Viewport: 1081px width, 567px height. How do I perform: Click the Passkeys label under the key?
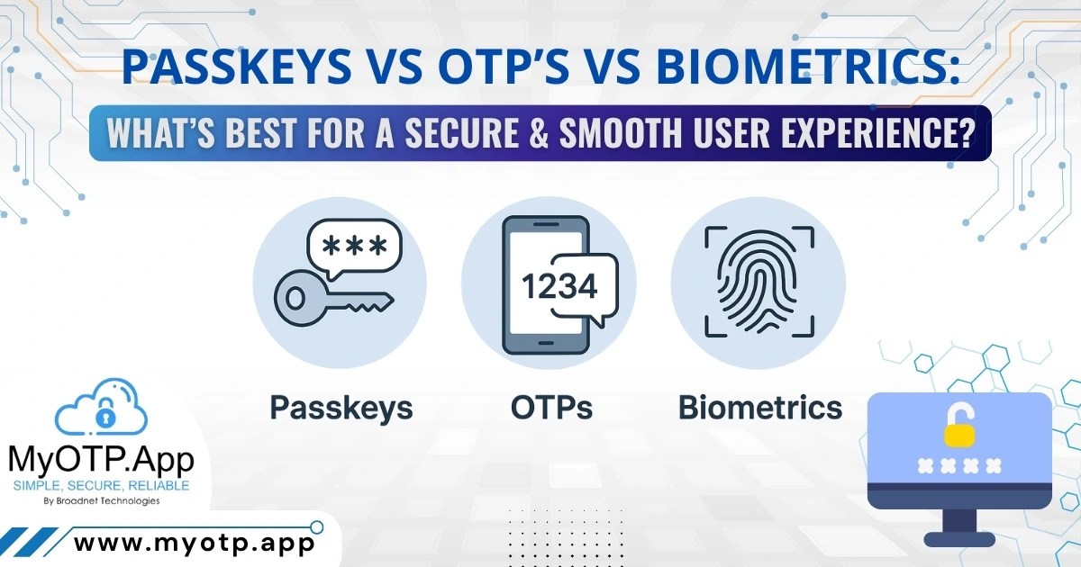[x=341, y=408]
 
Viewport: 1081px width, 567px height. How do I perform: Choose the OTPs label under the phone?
[x=551, y=408]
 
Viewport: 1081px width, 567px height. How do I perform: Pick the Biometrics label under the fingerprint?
[x=760, y=408]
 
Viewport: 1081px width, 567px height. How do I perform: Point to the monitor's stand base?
[x=958, y=539]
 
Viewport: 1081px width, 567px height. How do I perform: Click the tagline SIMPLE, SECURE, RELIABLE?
[x=101, y=486]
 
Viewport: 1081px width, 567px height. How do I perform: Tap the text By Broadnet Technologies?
[x=101, y=501]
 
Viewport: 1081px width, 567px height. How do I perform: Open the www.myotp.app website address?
[x=194, y=543]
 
